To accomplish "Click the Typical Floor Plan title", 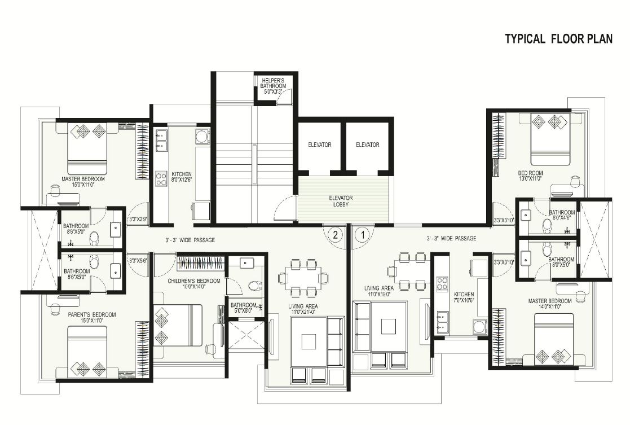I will tap(558, 39).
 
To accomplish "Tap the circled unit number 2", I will tap(335, 234).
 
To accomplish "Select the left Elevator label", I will tap(319, 145).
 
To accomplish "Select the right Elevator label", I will tap(367, 145).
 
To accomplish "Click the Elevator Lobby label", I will tap(341, 201).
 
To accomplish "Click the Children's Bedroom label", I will tap(189, 283).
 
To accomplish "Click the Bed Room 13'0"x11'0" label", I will tap(530, 176).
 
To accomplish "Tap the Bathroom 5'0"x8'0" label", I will tap(244, 308).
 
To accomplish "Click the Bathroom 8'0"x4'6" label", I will tap(562, 215).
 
